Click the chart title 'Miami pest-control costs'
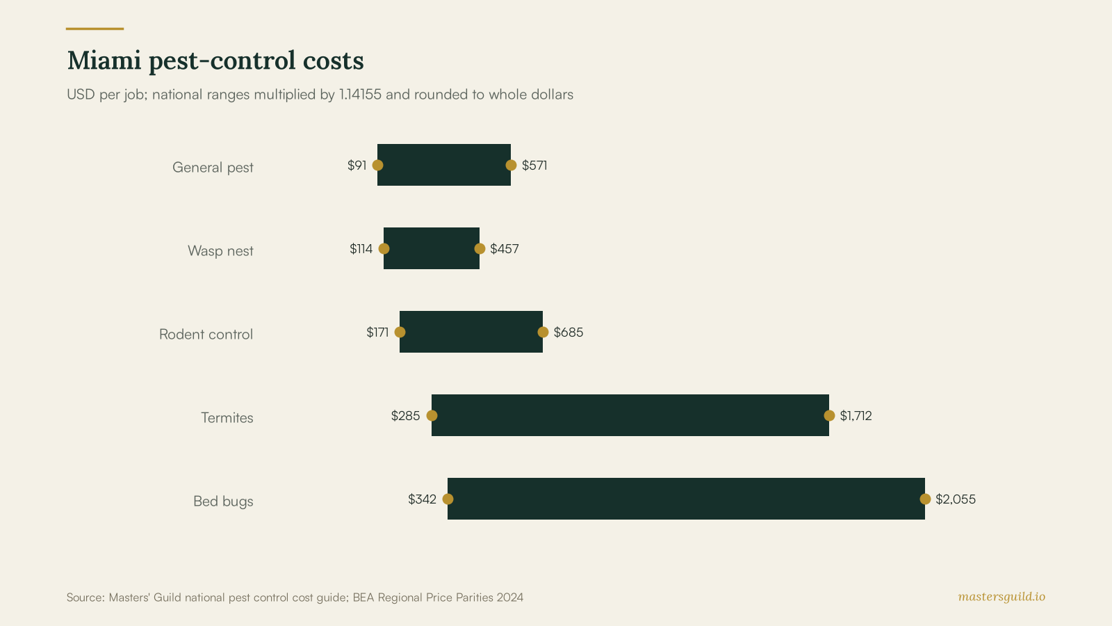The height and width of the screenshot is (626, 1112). (x=215, y=61)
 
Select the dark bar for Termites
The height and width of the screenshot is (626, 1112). (x=630, y=415)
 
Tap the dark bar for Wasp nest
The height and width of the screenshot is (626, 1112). (x=432, y=248)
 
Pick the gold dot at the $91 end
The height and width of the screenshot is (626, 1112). (x=378, y=165)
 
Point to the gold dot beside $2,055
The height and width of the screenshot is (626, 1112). (x=925, y=499)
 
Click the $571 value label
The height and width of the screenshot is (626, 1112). (x=534, y=166)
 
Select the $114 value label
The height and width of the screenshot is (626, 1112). (x=361, y=249)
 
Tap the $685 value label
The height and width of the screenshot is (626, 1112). (x=569, y=332)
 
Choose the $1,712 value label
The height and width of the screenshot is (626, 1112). (x=856, y=416)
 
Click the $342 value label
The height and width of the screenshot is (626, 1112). (x=422, y=499)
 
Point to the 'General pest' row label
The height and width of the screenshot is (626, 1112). (x=213, y=168)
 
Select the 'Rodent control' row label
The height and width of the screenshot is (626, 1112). (x=206, y=335)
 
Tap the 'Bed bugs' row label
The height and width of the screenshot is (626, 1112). (x=223, y=501)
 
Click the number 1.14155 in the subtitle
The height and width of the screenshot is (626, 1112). (x=361, y=95)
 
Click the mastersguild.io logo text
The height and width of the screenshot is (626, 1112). (x=1001, y=597)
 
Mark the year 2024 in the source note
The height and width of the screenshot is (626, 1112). (x=510, y=597)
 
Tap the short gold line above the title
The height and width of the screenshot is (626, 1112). (x=95, y=29)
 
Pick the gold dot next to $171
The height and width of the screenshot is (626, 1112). (x=400, y=332)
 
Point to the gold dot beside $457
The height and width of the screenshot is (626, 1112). (x=480, y=248)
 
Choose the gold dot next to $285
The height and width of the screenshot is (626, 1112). (x=432, y=415)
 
